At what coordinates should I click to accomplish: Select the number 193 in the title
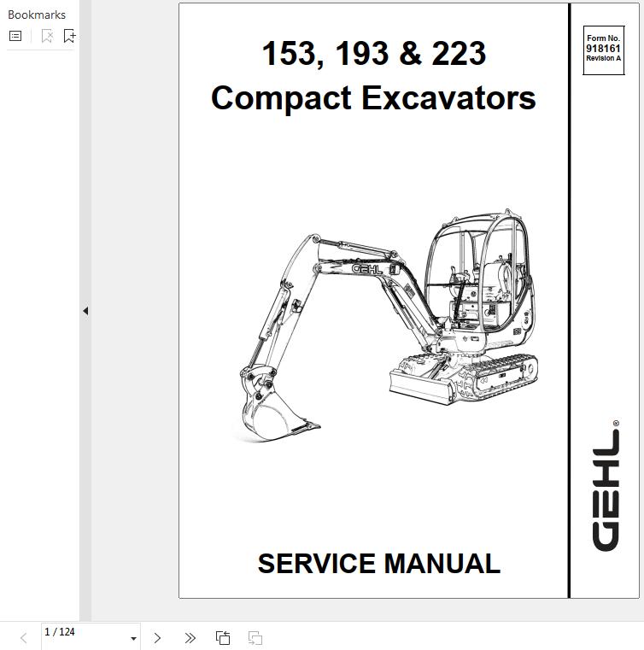[362, 54]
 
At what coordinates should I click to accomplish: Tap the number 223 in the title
[459, 54]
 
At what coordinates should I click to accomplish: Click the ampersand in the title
[410, 54]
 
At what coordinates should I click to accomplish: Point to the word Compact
[281, 99]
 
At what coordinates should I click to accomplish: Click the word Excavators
[448, 98]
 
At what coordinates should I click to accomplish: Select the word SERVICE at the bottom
[317, 564]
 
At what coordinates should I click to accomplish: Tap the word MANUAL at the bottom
[442, 564]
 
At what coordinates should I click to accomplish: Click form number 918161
[603, 49]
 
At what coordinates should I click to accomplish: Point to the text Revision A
[603, 58]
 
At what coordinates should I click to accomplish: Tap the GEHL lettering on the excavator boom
[366, 269]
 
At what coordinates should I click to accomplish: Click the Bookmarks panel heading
[37, 15]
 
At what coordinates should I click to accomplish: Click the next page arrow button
[157, 638]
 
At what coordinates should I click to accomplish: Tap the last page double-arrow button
[190, 638]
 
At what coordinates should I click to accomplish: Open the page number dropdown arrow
[133, 639]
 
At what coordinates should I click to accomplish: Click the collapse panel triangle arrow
[85, 311]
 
